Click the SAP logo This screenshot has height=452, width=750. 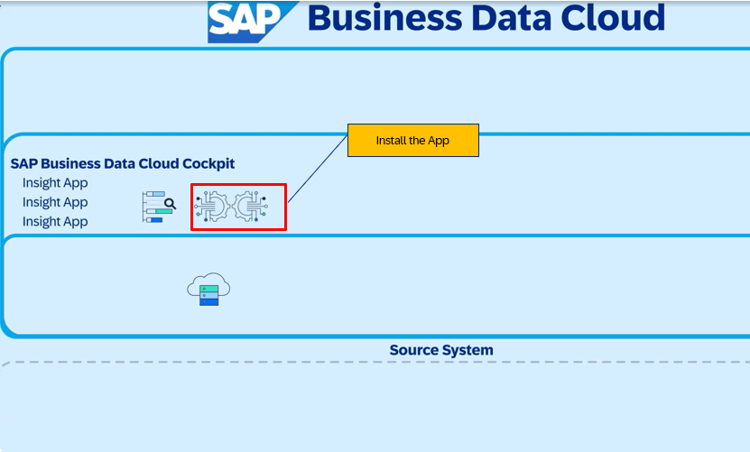click(x=251, y=22)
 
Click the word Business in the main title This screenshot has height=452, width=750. click(x=385, y=18)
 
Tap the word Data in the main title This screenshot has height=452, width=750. click(x=512, y=18)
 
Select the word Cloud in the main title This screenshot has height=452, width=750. click(x=613, y=18)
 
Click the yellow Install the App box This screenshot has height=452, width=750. click(x=412, y=140)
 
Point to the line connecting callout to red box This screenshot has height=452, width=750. click(x=318, y=169)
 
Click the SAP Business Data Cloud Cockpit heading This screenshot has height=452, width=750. click(x=123, y=163)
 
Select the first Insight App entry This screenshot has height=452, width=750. click(x=55, y=183)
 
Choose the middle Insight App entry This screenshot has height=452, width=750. click(x=55, y=202)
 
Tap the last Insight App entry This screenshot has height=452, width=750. click(x=55, y=221)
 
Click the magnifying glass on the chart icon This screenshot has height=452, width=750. click(x=170, y=204)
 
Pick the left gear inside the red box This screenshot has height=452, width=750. click(x=212, y=207)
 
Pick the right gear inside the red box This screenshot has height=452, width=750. click(x=251, y=207)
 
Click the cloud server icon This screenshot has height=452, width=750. click(x=208, y=289)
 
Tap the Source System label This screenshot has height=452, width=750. click(x=441, y=350)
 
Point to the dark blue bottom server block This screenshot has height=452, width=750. click(x=209, y=302)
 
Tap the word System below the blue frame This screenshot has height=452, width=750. click(x=468, y=350)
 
